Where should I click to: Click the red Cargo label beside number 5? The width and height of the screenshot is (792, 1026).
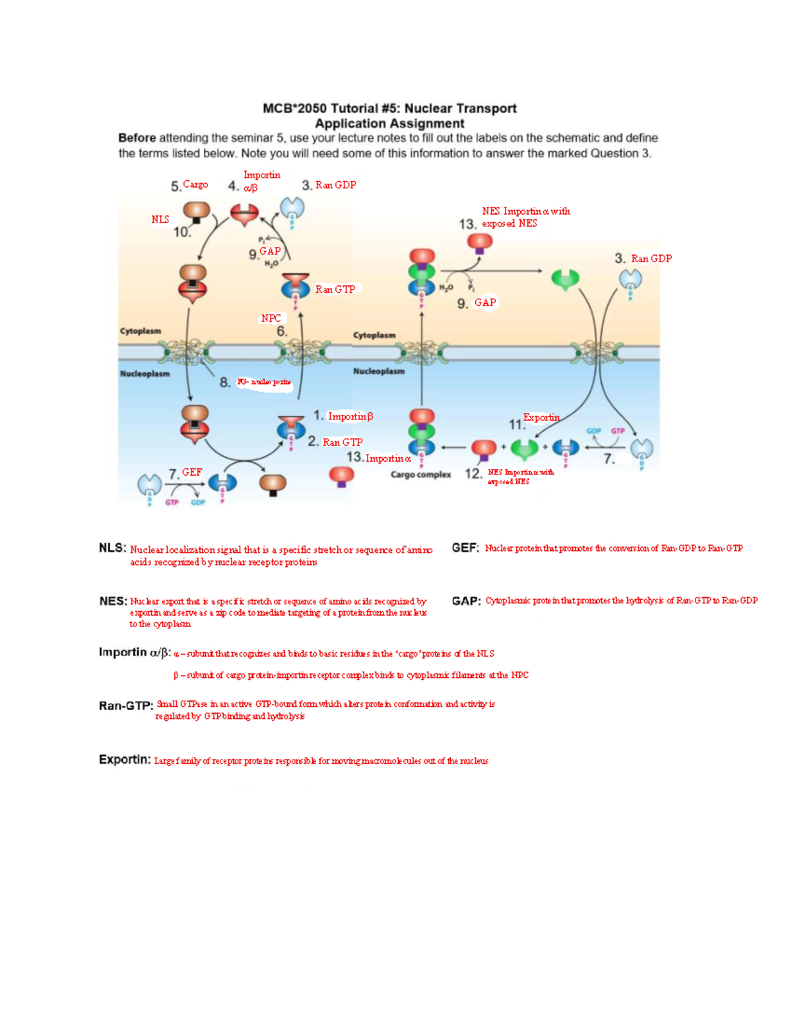coord(195,184)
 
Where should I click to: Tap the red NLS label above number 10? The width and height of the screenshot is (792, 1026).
coord(160,219)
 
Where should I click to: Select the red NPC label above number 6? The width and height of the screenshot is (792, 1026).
coord(271,318)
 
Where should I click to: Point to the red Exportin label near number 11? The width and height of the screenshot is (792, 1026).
coord(541,417)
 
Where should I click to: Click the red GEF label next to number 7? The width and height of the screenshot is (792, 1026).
coord(192,472)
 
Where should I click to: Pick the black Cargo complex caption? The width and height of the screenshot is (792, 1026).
coord(420,474)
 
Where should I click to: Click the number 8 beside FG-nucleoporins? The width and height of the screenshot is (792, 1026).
coord(225,382)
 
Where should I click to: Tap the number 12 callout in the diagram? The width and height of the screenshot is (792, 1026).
coord(473,474)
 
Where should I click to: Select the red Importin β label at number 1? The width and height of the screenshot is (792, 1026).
coord(350,416)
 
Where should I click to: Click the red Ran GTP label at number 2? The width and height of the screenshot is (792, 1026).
coord(343,442)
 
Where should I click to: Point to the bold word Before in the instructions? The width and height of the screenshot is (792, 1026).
coord(137,138)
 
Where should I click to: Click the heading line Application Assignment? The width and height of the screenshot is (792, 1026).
coord(389,124)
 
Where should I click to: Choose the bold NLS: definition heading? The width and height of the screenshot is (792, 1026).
coord(112,548)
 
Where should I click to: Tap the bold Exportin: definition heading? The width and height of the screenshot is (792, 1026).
coord(125,760)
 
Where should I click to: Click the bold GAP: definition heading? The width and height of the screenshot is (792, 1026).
coord(466,601)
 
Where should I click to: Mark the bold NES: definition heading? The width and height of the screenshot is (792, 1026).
coord(113,601)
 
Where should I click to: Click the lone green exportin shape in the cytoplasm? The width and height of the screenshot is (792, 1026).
coord(565,279)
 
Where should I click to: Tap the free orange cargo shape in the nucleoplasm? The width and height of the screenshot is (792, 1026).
coord(273,484)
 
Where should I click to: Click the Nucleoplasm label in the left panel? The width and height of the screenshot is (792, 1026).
coord(145,374)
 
